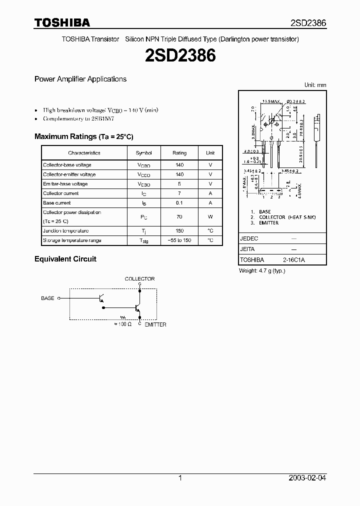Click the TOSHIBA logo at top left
point(62,22)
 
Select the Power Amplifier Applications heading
point(80,79)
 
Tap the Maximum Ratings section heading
point(83,136)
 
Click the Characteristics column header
point(84,153)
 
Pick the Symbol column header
point(143,153)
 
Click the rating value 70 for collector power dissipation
point(179,217)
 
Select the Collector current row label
point(61,193)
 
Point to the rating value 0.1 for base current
point(179,203)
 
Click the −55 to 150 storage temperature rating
point(179,240)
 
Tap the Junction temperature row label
point(65,231)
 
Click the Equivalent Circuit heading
point(65,259)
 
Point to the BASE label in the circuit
point(47,298)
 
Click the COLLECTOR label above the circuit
point(139,279)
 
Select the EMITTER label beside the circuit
point(155,324)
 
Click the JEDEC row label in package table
point(249,239)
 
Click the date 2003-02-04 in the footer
point(307,478)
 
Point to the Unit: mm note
point(315,85)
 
